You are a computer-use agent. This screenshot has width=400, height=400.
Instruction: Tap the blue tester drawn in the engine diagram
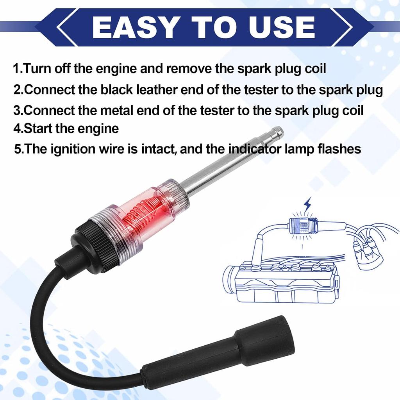pos(302,226)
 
